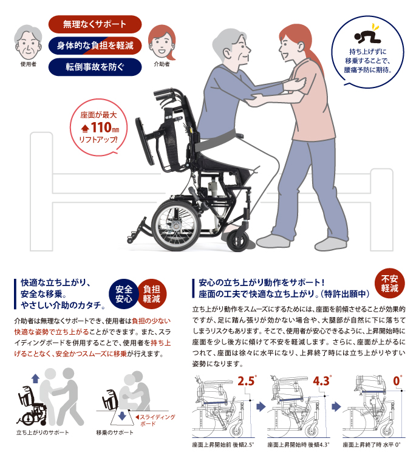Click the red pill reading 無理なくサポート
tap(95, 24)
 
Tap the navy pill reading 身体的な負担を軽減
tap(95, 46)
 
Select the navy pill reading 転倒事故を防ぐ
tap(95, 66)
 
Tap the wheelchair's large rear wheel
tap(175, 223)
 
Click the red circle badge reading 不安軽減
tap(389, 282)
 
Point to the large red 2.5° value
tap(245, 381)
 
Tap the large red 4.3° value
tap(322, 381)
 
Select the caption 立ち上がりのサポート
tap(43, 432)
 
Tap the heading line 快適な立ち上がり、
tap(55, 283)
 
